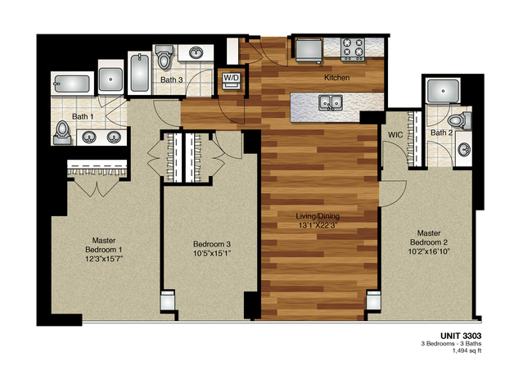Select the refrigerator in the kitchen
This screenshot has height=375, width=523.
click(308, 50)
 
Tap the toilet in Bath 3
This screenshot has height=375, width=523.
click(163, 57)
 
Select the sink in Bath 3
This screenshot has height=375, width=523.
click(196, 54)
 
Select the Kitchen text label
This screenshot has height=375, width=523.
click(336, 78)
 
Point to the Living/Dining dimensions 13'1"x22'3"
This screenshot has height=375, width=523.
click(318, 227)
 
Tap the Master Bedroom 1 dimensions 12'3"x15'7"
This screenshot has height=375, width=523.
click(103, 259)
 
